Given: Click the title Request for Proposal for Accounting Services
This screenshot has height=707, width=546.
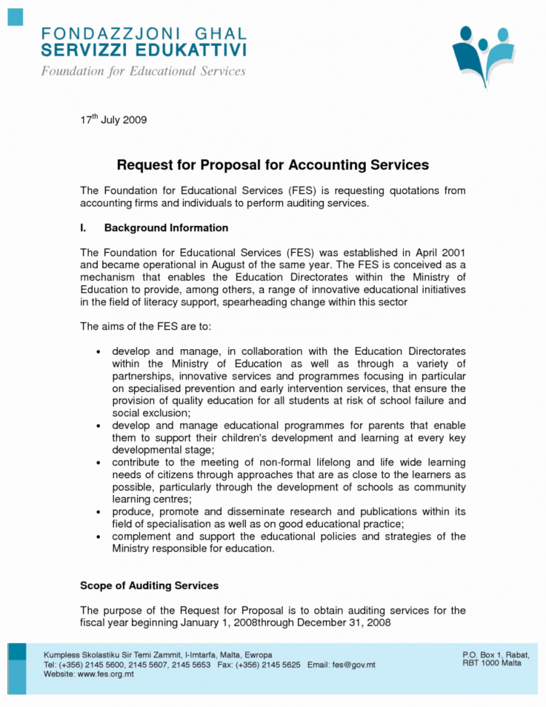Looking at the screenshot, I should point(273,165).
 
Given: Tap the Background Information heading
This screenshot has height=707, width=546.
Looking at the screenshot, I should point(165,227).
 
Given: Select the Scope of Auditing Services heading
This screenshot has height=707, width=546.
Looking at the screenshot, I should point(149,585).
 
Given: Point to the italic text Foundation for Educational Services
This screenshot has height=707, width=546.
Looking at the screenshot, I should point(143,71).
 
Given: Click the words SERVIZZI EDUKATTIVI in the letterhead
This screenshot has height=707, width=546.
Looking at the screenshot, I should point(144,50).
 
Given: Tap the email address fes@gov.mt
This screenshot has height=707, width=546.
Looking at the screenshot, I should point(354,665).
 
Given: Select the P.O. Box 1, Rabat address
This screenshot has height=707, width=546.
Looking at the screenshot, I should point(496,655).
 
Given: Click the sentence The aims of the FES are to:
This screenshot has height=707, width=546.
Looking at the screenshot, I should point(136,326).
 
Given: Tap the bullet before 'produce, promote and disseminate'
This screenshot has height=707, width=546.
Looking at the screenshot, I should point(98,512).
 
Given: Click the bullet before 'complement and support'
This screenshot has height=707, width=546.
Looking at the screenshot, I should point(98,536).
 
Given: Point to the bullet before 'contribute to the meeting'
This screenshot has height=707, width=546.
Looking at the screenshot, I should point(98,462).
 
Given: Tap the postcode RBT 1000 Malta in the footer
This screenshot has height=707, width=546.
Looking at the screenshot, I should point(492,663).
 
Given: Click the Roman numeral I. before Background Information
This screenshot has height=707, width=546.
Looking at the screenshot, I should point(83,227).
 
